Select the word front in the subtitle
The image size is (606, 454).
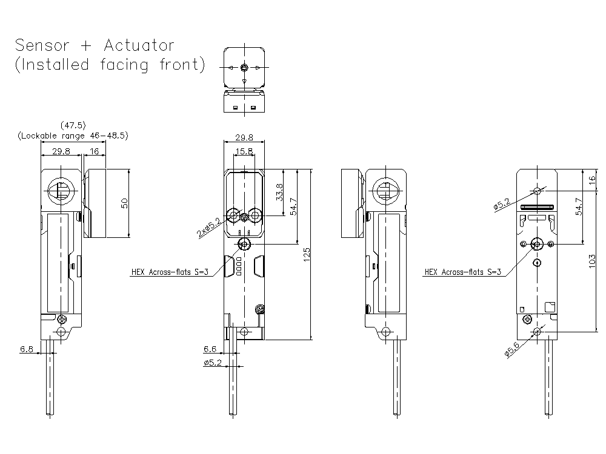tap(182, 65)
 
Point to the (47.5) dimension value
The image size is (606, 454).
tap(72, 125)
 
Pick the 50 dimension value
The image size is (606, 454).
tap(124, 203)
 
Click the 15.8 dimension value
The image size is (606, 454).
tap(244, 151)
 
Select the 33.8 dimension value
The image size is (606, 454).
tap(279, 192)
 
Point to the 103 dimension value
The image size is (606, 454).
tap(592, 260)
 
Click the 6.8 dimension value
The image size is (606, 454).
tap(27, 349)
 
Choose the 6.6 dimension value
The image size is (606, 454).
tap(210, 349)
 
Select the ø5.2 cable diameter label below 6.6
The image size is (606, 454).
tap(213, 363)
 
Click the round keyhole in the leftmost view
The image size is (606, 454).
tap(61, 190)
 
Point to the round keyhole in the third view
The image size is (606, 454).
tap(385, 190)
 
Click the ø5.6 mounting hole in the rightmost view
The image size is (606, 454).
tap(538, 331)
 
